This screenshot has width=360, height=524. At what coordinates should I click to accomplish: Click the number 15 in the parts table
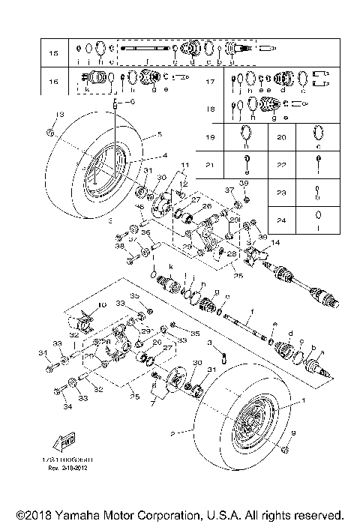tap(53, 54)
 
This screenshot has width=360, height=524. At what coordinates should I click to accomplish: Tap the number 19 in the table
tap(211, 137)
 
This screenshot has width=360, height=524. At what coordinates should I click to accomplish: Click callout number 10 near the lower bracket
tap(103, 305)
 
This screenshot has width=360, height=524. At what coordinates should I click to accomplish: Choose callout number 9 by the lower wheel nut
tap(293, 433)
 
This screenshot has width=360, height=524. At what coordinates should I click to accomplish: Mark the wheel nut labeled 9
tap(286, 449)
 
